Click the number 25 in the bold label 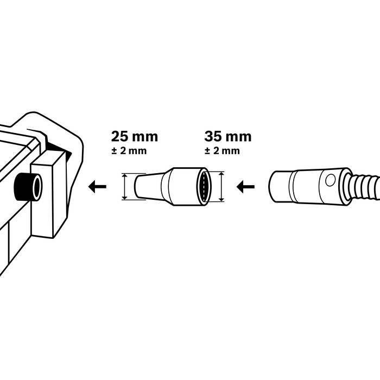[x=120, y=136]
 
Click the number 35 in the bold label [x=213, y=136]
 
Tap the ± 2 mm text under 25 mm [x=129, y=150]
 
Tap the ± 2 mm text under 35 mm [x=222, y=150]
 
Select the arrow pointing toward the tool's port [x=98, y=187]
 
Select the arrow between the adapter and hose [x=246, y=187]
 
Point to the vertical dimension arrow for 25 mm [x=126, y=187]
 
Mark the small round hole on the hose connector [x=330, y=180]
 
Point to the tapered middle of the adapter [x=166, y=186]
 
